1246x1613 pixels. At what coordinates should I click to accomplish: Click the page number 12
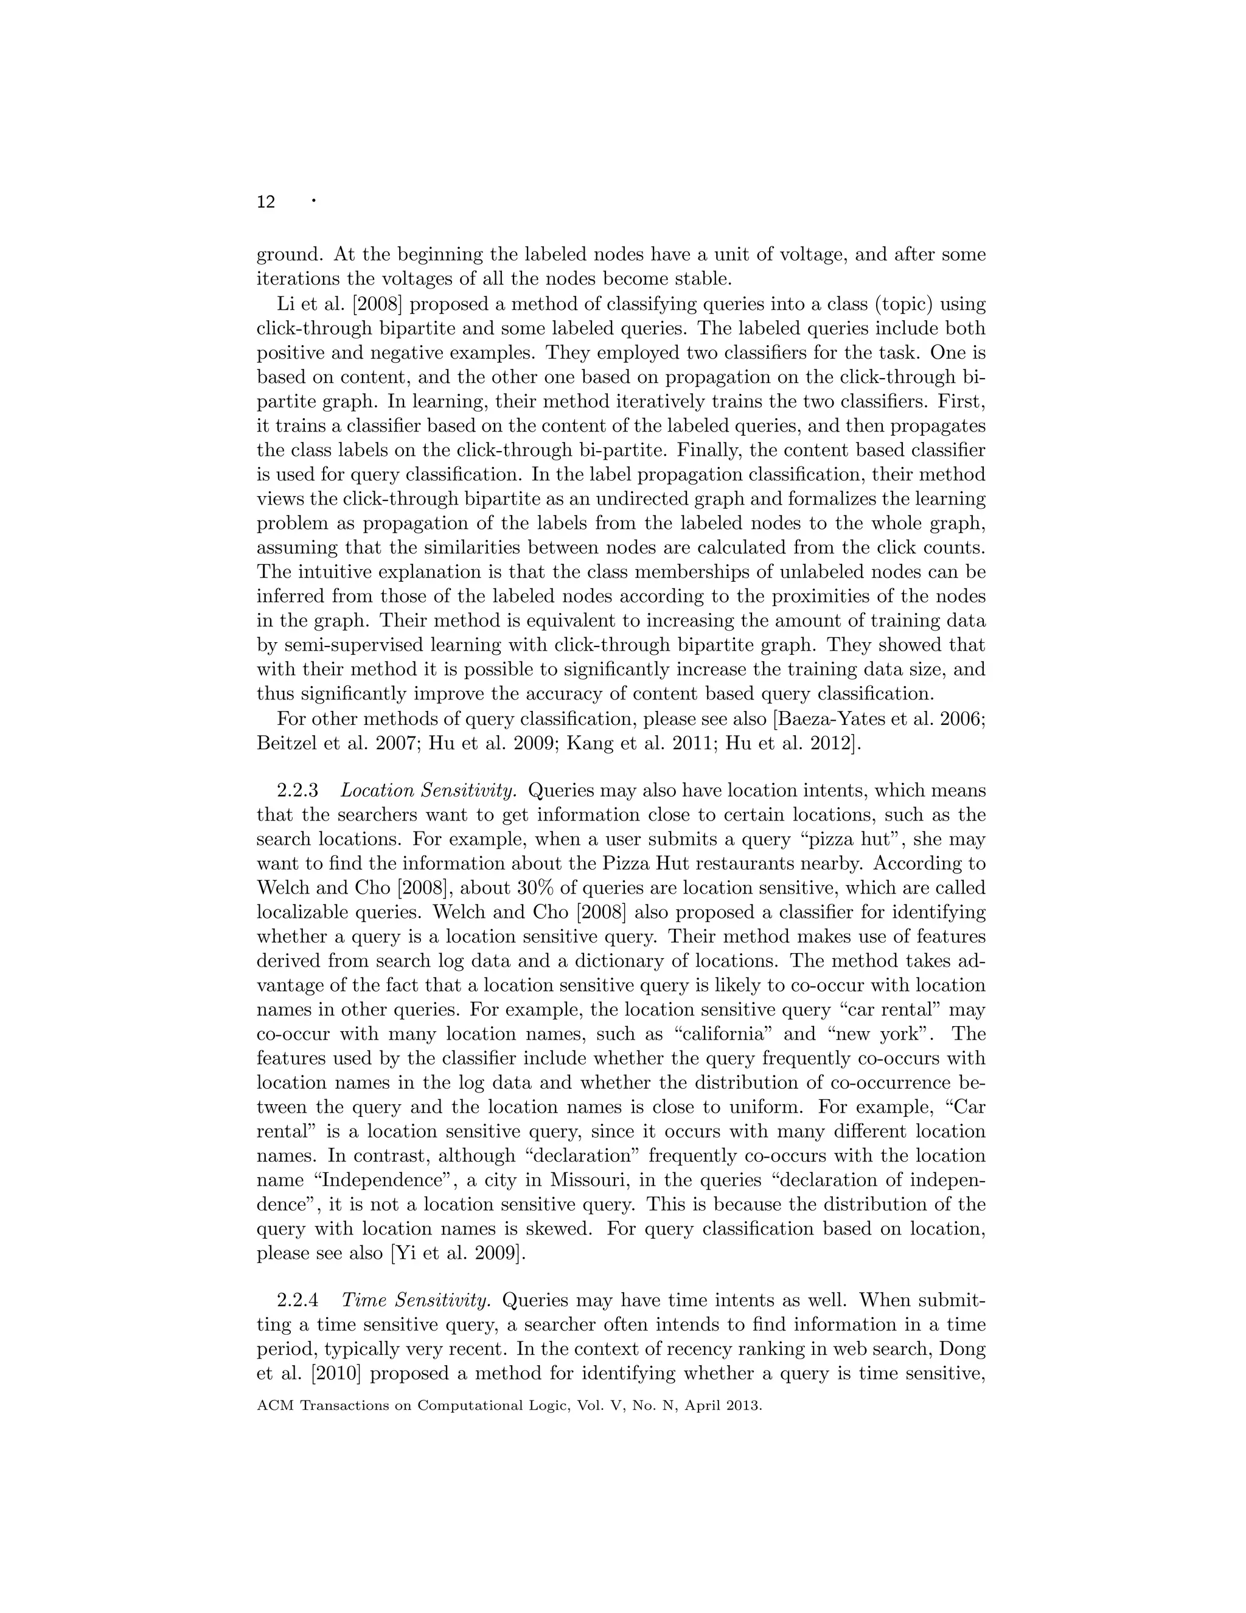tap(266, 202)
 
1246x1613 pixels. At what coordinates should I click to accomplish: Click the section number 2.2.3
tap(297, 791)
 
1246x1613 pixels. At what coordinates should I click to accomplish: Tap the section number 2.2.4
tap(297, 1299)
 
